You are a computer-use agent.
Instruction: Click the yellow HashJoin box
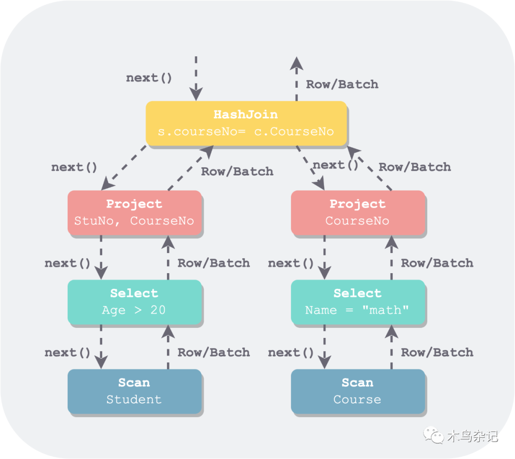coord(246,123)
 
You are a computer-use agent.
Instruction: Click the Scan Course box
coord(357,391)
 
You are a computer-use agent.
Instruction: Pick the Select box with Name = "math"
coord(357,302)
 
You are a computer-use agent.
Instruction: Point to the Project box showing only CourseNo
coord(357,213)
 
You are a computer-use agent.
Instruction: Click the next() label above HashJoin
coord(149,78)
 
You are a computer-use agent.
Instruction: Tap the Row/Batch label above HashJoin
coord(342,84)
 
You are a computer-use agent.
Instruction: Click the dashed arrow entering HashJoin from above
coord(196,79)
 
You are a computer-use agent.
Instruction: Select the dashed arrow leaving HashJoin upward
coord(297,79)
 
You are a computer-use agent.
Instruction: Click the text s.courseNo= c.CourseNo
coord(246,132)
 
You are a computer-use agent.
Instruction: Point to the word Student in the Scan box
coord(134,399)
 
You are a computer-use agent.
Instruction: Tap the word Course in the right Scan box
coord(357,399)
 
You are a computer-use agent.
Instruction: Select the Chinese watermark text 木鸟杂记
coord(472,436)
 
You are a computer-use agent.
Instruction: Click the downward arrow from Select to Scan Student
coord(101,347)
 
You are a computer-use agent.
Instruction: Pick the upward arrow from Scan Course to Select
coord(391,347)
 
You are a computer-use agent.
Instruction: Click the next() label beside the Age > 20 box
coord(67,263)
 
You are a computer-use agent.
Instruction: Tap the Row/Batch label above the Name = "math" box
coord(437,263)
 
